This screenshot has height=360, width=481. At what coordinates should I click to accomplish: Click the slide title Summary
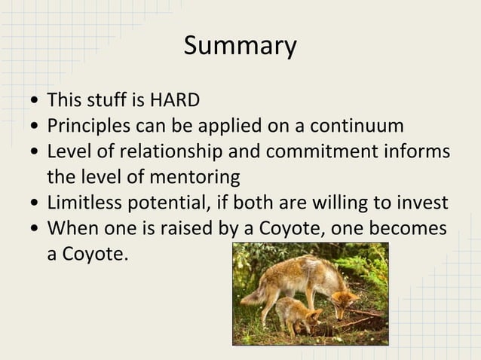click(x=240, y=46)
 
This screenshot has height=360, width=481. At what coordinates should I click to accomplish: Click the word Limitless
click(x=81, y=203)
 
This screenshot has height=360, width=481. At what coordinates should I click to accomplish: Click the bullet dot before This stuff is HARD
click(x=35, y=102)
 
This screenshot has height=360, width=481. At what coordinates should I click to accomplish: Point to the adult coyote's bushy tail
click(x=255, y=294)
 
